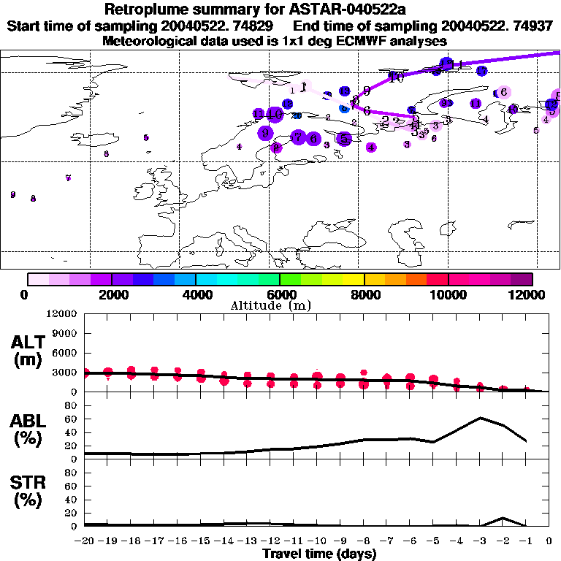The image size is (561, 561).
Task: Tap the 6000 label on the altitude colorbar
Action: coord(280,294)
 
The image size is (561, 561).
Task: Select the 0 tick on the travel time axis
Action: coord(549,542)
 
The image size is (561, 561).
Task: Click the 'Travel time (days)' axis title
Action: coord(319,554)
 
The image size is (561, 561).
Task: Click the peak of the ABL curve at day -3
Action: coord(480,418)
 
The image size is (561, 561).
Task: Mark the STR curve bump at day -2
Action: coord(503,518)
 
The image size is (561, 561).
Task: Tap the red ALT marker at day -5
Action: coord(434,380)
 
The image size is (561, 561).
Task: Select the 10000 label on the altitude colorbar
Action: coord(448,294)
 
